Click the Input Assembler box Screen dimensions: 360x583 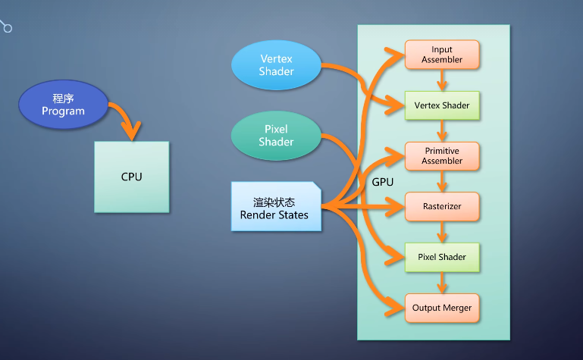(442, 55)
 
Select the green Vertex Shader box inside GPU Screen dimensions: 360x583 (442, 105)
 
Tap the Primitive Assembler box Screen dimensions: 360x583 (442, 156)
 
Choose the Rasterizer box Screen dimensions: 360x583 (442, 206)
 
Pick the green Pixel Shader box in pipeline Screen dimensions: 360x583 (442, 257)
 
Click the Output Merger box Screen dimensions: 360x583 (442, 308)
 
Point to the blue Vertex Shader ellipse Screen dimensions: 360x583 (276, 64)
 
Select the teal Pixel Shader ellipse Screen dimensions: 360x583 (276, 136)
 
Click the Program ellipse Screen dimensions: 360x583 (63, 105)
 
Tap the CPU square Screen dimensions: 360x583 (131, 177)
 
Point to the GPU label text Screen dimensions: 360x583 (382, 183)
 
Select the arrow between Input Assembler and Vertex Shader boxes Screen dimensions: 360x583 (442, 80)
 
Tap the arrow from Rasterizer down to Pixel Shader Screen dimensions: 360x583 (442, 232)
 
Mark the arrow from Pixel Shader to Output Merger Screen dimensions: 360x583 (442, 283)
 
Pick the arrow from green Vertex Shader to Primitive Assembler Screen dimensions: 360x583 (442, 131)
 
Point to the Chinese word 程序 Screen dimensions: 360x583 (63, 99)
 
